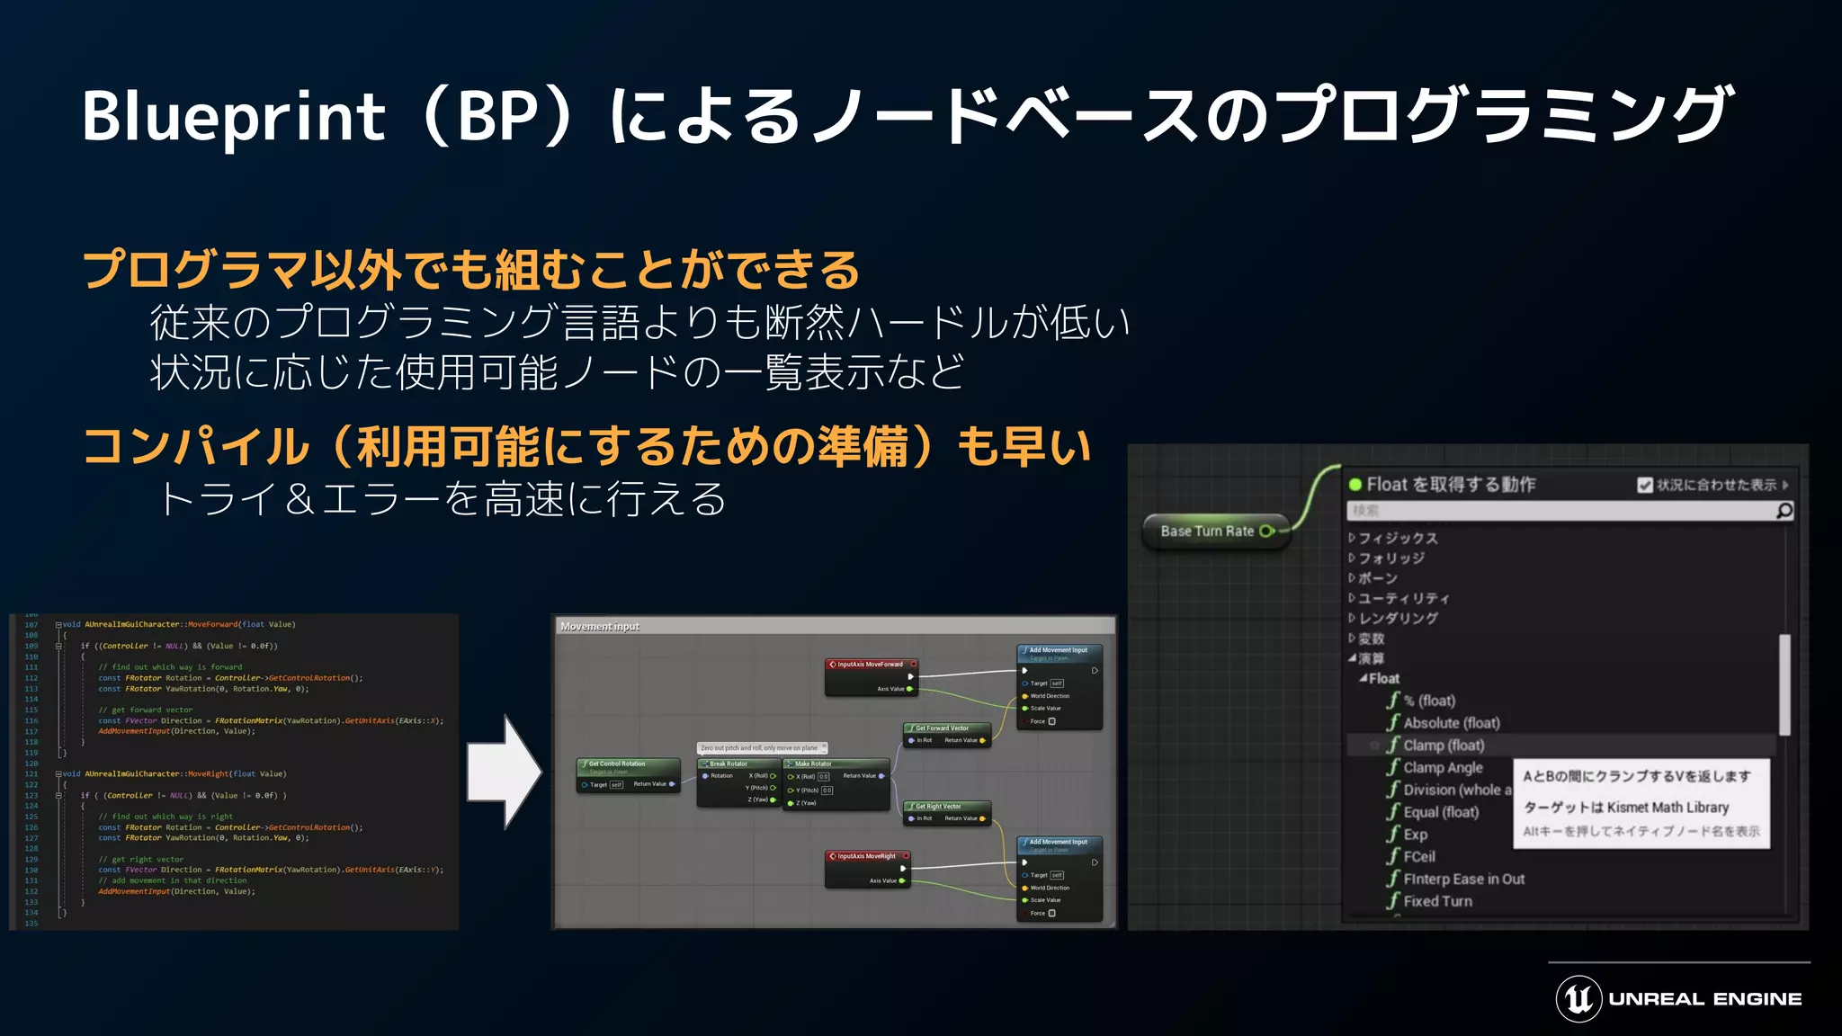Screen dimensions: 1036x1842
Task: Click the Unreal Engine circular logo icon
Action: tap(1578, 998)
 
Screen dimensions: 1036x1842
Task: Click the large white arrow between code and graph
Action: tap(504, 772)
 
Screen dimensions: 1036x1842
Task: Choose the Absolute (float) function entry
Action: tap(1451, 723)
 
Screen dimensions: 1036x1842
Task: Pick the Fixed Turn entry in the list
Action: tap(1437, 901)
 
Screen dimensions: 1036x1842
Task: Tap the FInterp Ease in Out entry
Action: tap(1463, 879)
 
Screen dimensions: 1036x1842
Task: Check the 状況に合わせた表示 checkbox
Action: tap(1645, 485)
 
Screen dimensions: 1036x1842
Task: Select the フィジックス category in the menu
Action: tap(1398, 538)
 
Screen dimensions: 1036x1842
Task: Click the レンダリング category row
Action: tap(1398, 618)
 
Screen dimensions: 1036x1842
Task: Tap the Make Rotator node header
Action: tap(813, 764)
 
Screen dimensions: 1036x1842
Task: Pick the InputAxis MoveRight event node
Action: tap(866, 856)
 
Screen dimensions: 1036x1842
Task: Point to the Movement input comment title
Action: tap(600, 626)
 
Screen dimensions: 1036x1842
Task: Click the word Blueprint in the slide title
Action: tap(234, 117)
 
